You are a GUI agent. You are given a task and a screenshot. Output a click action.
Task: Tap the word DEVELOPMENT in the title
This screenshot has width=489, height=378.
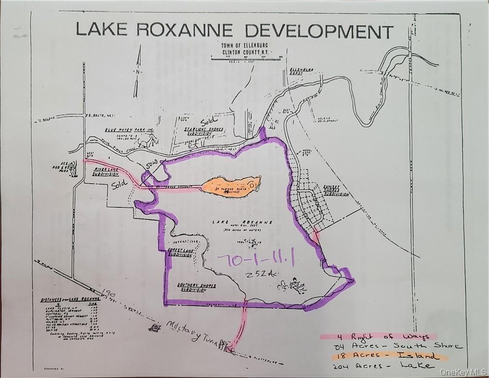pos(318,31)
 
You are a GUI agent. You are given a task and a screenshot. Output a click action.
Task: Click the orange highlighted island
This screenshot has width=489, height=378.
pos(230,186)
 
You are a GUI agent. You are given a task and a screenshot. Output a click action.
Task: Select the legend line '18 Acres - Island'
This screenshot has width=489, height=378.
pos(380,356)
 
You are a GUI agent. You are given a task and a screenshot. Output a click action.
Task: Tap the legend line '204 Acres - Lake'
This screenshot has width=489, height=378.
pos(380,365)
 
